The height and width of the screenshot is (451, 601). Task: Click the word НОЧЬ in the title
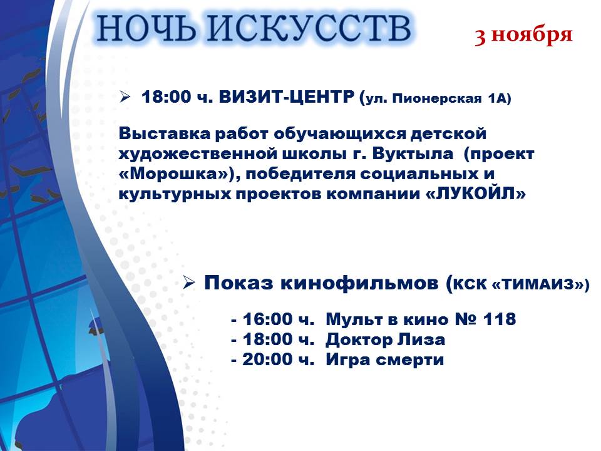click(145, 28)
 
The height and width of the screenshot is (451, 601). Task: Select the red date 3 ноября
click(523, 35)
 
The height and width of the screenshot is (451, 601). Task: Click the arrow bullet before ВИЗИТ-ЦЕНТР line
click(125, 96)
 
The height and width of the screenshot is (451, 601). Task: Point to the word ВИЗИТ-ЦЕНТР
click(286, 97)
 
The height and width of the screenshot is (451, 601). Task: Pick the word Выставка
click(165, 134)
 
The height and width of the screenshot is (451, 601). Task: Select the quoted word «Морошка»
click(175, 174)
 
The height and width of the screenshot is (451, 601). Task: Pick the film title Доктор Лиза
click(385, 340)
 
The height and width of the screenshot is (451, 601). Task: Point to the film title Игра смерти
click(385, 360)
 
